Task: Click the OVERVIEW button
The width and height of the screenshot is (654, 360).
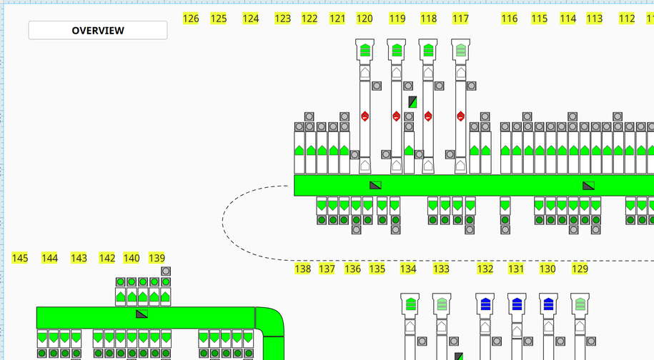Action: click(98, 30)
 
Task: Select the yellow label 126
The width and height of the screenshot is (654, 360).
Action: click(191, 19)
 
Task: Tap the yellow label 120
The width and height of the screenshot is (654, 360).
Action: click(365, 19)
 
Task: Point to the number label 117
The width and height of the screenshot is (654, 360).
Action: click(461, 19)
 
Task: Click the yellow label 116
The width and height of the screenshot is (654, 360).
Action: click(509, 19)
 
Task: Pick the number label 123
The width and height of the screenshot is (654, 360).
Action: click(283, 19)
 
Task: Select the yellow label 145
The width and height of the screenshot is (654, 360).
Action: click(20, 258)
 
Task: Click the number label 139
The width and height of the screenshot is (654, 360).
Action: click(157, 258)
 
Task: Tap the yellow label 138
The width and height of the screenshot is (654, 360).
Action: click(303, 269)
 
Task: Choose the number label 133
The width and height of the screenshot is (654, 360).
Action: click(442, 269)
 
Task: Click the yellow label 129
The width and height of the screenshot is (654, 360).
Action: click(580, 269)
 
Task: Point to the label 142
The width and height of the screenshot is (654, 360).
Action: click(107, 258)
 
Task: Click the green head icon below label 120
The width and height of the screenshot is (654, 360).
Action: click(365, 50)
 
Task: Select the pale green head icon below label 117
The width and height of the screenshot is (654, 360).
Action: click(461, 50)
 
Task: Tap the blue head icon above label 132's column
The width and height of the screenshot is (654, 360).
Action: click(486, 304)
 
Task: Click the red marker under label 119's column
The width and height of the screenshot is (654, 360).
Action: click(397, 116)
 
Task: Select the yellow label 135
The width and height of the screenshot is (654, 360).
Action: click(377, 269)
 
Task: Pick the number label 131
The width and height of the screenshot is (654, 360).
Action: click(516, 269)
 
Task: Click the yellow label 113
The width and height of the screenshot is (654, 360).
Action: click(595, 19)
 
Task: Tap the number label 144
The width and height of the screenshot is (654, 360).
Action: click(49, 258)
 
